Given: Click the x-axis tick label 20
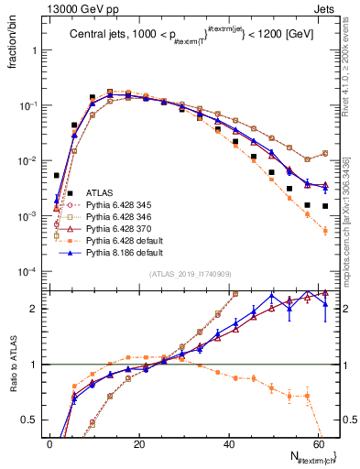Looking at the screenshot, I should point(139,443).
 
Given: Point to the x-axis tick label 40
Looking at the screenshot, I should point(229,443).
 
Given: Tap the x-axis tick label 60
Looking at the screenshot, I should point(318,443).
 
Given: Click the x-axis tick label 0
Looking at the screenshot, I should point(49,443).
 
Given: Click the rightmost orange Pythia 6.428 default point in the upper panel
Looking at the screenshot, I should point(325,231).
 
